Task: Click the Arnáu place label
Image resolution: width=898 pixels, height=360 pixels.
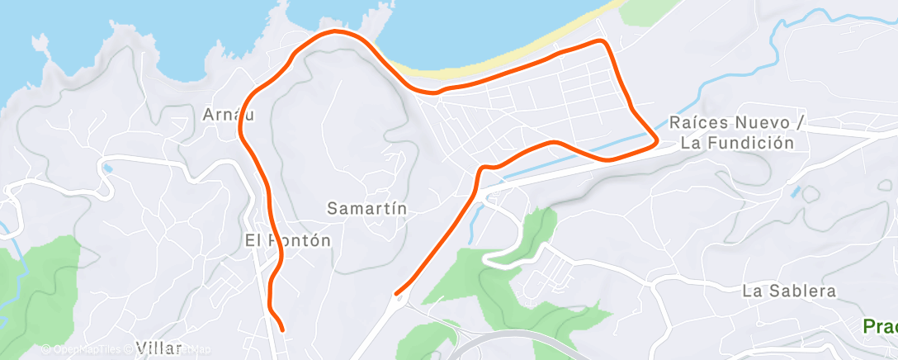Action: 229,115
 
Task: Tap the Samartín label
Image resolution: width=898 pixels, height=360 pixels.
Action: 367,208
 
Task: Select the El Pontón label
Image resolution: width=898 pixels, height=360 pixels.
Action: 288,241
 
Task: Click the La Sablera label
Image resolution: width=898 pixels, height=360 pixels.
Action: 789,291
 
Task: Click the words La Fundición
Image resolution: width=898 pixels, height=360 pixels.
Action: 737,143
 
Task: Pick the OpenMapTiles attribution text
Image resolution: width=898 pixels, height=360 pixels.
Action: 83,350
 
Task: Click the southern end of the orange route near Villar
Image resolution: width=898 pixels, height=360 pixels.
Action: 283,330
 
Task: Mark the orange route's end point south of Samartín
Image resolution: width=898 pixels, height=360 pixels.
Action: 397,293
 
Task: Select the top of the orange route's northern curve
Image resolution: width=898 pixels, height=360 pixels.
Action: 337,31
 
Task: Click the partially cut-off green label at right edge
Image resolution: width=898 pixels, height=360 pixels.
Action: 881,326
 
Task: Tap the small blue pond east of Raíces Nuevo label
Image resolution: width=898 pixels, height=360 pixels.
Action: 795,192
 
